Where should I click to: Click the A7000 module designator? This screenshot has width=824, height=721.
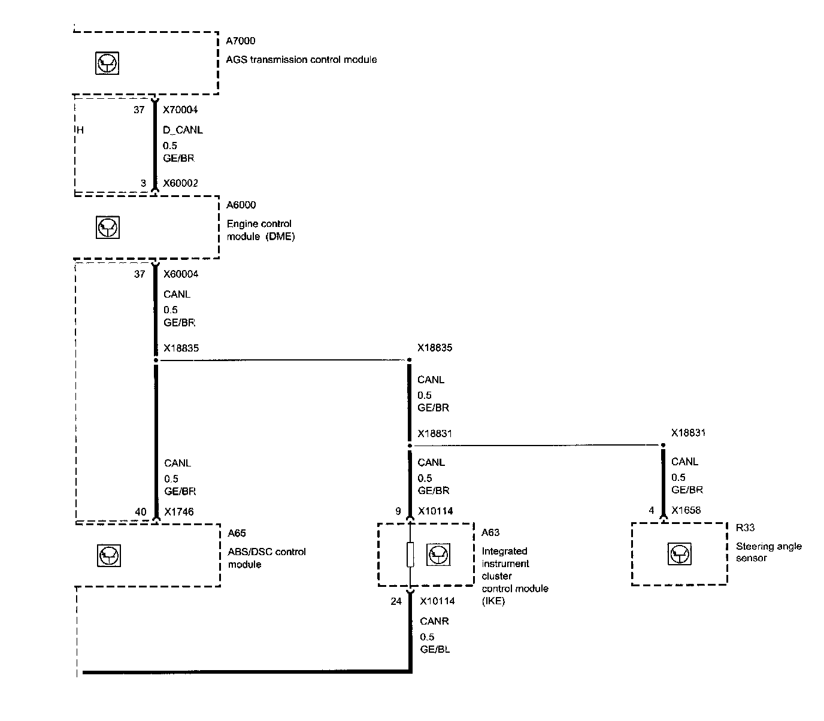[x=240, y=41]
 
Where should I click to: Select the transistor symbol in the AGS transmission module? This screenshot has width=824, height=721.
[x=108, y=63]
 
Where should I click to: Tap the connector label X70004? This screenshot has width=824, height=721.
[x=180, y=110]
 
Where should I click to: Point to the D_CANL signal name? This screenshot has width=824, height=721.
[x=183, y=130]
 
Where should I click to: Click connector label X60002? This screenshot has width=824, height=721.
[x=180, y=183]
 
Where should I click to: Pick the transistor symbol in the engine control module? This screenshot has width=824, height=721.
[x=108, y=228]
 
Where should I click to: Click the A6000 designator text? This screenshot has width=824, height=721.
[x=241, y=205]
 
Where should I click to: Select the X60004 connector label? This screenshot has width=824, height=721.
[x=180, y=274]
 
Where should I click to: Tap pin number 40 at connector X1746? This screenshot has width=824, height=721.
[x=140, y=512]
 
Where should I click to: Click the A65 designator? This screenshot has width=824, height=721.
[x=237, y=534]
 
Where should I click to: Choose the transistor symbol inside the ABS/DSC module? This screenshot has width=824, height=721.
[x=108, y=556]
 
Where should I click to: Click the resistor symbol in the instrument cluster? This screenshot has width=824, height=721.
[x=410, y=555]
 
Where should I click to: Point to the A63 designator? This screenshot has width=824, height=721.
[x=490, y=533]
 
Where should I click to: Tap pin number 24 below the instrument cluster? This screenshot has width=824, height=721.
[x=396, y=601]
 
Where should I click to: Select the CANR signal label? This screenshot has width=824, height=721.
[x=434, y=622]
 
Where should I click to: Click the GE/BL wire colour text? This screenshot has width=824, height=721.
[x=435, y=649]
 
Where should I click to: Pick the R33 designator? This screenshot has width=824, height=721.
[x=745, y=528]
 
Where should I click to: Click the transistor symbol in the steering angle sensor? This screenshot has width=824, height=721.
[x=679, y=554]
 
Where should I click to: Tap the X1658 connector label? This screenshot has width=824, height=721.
[x=686, y=511]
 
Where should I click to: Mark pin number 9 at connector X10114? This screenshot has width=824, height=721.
[x=398, y=511]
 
